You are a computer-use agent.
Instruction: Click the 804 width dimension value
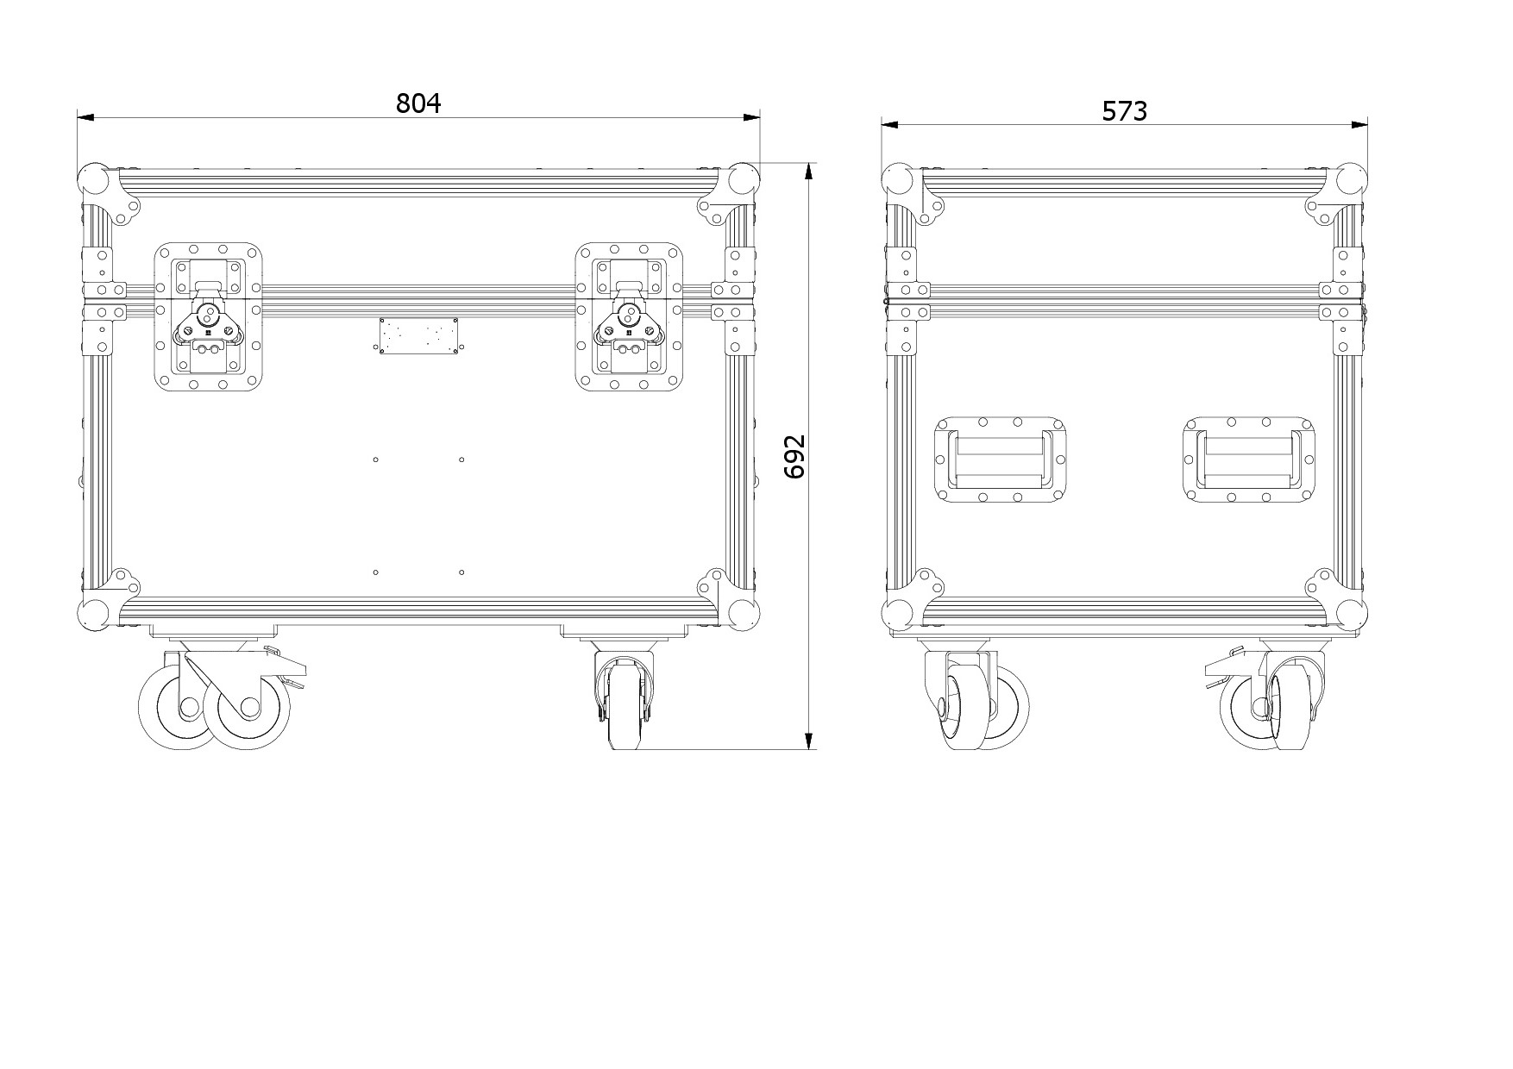tap(418, 103)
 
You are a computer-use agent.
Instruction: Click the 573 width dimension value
tap(1125, 111)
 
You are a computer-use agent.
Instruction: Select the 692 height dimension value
tap(794, 456)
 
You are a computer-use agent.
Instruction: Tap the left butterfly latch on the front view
tap(208, 316)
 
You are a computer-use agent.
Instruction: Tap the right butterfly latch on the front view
tap(630, 316)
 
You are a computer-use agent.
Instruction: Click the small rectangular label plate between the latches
tap(418, 335)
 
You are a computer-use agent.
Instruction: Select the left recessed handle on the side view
tap(1001, 459)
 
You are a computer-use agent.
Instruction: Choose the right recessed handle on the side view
tap(1249, 459)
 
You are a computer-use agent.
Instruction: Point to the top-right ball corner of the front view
tap(743, 180)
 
